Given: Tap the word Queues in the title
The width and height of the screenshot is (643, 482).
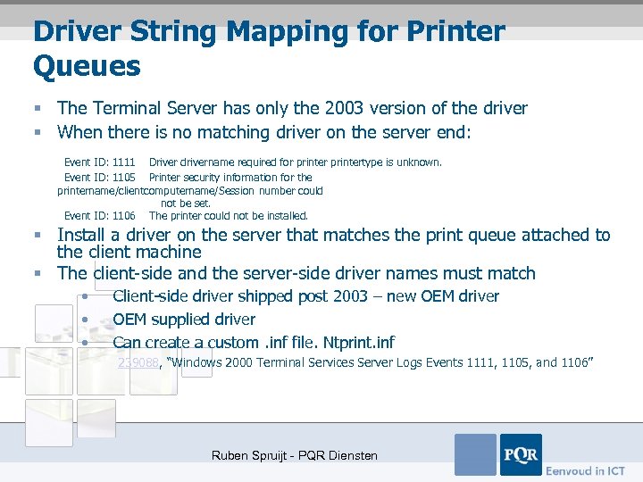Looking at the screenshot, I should pyautogui.click(x=87, y=65).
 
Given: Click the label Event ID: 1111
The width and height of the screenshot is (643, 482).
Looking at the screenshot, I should pyautogui.click(x=99, y=162).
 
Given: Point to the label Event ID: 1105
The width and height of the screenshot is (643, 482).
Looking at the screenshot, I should pyautogui.click(x=99, y=177).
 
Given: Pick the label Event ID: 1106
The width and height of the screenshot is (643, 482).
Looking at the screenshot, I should pyautogui.click(x=99, y=215).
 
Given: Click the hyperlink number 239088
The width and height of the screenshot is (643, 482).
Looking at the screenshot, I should pyautogui.click(x=138, y=362).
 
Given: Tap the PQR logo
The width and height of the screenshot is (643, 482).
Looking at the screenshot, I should pyautogui.click(x=521, y=454).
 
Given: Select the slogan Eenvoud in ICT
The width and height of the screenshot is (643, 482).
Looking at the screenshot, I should pyautogui.click(x=586, y=470).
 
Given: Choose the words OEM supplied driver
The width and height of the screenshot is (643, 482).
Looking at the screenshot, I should pyautogui.click(x=184, y=319).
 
